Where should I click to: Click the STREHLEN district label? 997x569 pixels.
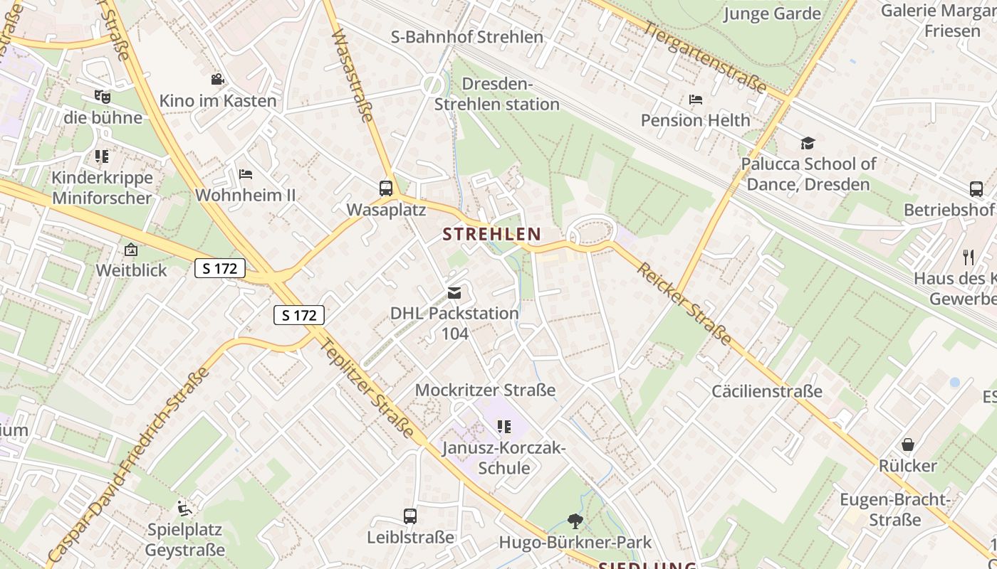coord(491,233)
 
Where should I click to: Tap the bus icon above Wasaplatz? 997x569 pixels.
coord(386,188)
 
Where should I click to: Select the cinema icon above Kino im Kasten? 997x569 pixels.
coord(217,80)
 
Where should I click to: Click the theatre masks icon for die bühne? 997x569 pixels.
coord(103,96)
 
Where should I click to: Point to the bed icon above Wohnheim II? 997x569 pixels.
coord(245,174)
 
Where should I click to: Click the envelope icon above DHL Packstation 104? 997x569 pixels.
coord(454,292)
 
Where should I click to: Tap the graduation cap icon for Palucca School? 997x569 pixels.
coord(807,143)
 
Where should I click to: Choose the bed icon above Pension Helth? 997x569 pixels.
coord(696,100)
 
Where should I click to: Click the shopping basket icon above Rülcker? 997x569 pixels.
coord(908,445)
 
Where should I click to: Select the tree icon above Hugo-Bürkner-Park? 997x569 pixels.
coord(575,521)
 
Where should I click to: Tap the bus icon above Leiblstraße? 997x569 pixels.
coord(410,516)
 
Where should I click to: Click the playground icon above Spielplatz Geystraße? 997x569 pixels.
coord(184,509)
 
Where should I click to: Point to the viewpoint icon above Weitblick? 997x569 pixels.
coord(131,250)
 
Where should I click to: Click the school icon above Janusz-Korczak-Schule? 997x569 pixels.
coord(504,427)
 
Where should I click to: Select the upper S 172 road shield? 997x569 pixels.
coord(220,268)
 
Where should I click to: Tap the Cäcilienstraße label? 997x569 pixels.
coord(767,391)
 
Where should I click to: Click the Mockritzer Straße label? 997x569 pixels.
coord(485,390)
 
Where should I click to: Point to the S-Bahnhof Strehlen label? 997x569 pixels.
coord(467,37)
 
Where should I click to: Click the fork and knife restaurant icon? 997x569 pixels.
coord(968,257)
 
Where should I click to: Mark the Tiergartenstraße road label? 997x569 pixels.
coord(704,58)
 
